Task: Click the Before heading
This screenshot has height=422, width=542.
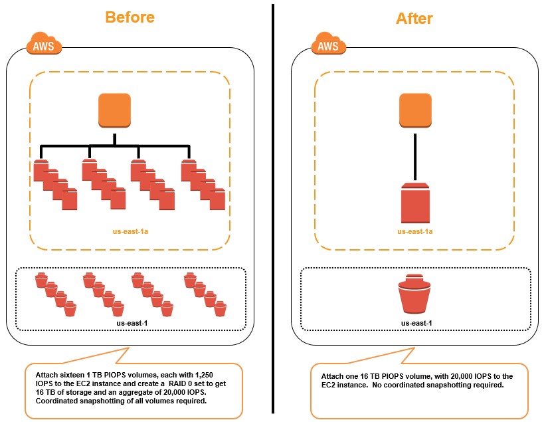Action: (x=130, y=17)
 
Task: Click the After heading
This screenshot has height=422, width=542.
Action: (x=414, y=18)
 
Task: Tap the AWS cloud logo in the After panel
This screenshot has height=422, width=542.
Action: (x=329, y=46)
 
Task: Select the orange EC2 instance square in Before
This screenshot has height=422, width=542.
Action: (x=115, y=110)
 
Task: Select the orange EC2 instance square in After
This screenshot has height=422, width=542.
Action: (x=416, y=110)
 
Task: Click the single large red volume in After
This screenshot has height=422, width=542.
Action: (x=416, y=203)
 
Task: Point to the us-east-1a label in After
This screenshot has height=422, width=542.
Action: (x=415, y=231)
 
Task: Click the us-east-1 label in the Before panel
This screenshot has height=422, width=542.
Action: (x=130, y=323)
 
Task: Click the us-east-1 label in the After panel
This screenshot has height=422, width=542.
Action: (x=416, y=323)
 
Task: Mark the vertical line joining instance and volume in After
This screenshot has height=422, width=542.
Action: (x=416, y=157)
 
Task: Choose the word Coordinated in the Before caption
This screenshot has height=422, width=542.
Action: (x=59, y=402)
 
